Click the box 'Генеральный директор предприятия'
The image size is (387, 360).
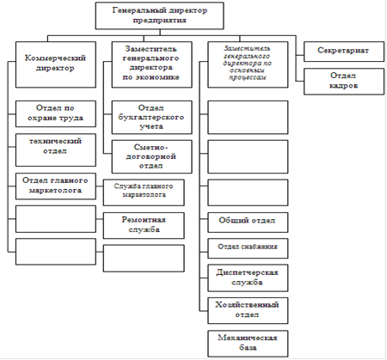point(159,15)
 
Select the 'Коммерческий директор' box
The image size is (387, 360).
point(56,64)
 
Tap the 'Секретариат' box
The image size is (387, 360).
point(344,52)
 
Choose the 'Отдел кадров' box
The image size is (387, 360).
point(344,82)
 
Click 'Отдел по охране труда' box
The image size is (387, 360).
point(56,113)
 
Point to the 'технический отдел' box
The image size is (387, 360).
point(56,149)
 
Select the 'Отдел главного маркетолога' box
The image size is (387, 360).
point(56,186)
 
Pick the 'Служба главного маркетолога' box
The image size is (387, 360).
point(144,192)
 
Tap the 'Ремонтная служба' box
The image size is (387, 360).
point(144,225)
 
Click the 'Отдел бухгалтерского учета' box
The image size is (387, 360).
point(151,117)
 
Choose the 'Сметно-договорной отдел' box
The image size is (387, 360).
point(151,156)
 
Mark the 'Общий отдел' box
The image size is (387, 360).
point(248,223)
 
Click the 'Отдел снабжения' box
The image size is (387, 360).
point(248,248)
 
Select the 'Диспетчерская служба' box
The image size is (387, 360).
point(248,278)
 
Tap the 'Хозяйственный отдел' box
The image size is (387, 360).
point(248,311)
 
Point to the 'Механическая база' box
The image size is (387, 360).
point(248,344)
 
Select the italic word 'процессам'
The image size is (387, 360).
point(247,77)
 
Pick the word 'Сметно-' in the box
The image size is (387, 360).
point(150,147)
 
